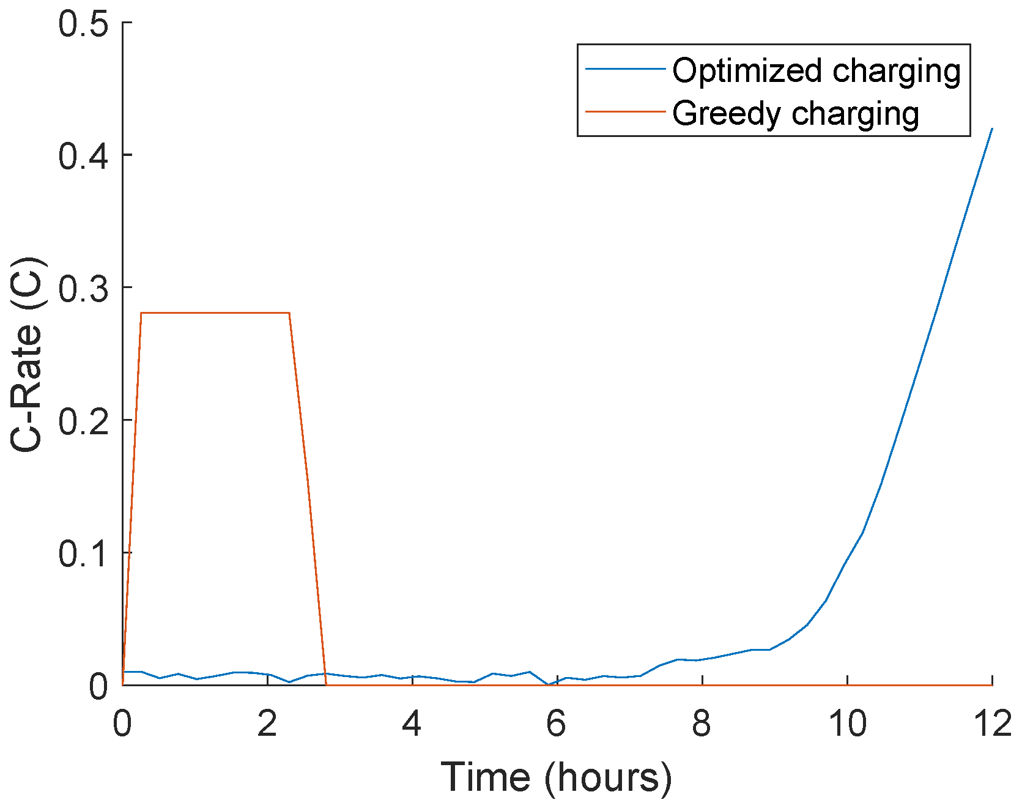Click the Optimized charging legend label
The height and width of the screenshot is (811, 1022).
[816, 71]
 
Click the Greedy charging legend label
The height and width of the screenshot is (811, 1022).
[796, 114]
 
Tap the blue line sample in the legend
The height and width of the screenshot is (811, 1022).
[624, 70]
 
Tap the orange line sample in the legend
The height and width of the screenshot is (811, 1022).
[624, 112]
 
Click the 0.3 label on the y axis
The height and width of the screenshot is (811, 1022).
[83, 288]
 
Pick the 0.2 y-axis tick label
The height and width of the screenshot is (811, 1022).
[83, 421]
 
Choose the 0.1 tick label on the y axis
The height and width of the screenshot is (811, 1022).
[83, 553]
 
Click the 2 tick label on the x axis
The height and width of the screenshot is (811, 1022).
[267, 724]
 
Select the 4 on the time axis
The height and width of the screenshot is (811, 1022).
[412, 724]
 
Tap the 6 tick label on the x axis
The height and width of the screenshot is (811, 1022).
[557, 724]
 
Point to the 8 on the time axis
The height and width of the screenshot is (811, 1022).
[702, 724]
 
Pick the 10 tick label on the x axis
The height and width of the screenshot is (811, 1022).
[847, 724]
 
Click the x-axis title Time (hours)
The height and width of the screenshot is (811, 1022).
[556, 778]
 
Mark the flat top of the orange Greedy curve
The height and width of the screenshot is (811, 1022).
[214, 313]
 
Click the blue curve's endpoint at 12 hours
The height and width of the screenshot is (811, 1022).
[991, 128]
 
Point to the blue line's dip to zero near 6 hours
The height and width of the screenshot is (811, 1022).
[549, 684]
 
